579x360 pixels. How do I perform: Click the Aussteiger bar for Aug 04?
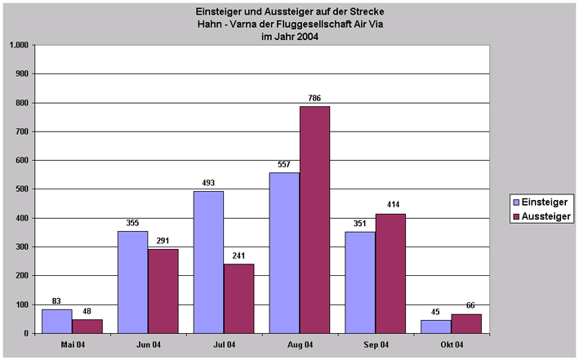point(314,220)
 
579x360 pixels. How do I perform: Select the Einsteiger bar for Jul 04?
point(208,262)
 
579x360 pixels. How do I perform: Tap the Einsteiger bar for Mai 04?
point(56,321)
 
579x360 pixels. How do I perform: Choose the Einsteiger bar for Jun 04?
point(132,282)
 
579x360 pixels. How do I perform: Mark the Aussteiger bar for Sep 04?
point(390,273)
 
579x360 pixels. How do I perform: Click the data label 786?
point(314,99)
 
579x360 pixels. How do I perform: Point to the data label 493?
point(208,183)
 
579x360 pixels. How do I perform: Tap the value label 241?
point(238,256)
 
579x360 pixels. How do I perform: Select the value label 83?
point(56,301)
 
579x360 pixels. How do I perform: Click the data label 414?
point(390,206)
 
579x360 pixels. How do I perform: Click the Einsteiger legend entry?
point(540,201)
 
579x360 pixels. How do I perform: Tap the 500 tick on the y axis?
point(22,189)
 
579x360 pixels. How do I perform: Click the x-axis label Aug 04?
point(299,345)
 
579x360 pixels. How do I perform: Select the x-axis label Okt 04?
point(451,345)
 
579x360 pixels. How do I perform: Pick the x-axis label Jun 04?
point(147,345)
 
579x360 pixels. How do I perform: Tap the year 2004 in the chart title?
point(304,36)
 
